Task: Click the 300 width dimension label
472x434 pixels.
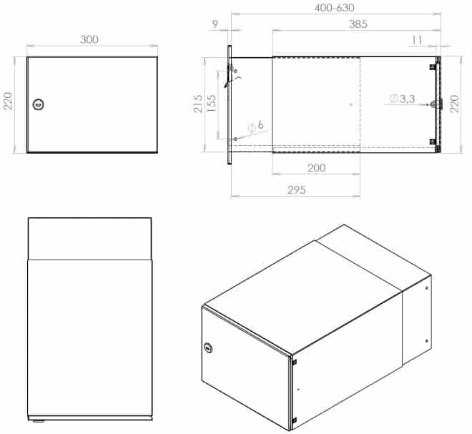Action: [x=89, y=39]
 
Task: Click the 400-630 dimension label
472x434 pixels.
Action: [x=334, y=8]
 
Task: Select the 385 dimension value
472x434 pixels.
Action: [x=358, y=24]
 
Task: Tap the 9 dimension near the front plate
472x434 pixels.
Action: [x=215, y=24]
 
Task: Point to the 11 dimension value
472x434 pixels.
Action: [x=417, y=40]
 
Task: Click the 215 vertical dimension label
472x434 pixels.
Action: [x=198, y=104]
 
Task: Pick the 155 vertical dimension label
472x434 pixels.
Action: [x=212, y=103]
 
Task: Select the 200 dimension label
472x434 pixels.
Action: [x=316, y=167]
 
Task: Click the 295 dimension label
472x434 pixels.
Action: [x=297, y=190]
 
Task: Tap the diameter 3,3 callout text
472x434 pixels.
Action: [x=403, y=99]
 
